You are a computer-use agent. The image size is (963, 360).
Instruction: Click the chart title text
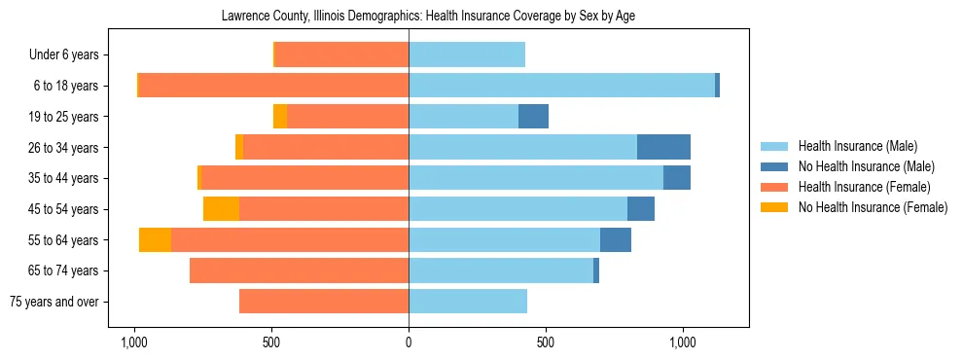429,17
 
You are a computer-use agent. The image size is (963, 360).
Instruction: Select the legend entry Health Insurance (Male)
857,146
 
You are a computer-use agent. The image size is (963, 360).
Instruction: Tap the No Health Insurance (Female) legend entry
873,207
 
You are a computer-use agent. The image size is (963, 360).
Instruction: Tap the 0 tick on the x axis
409,342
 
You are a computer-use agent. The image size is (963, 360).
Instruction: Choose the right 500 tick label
546,342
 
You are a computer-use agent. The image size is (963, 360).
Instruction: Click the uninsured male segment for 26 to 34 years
663,147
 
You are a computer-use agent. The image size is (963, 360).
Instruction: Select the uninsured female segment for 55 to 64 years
155,240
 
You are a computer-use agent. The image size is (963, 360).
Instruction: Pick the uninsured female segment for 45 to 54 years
221,209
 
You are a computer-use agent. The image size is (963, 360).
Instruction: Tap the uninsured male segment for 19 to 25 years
533,117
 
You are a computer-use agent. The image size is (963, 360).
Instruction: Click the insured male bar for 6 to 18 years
561,86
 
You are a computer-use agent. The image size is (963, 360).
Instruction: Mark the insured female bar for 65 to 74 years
299,270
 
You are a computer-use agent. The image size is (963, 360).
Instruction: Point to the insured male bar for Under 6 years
467,54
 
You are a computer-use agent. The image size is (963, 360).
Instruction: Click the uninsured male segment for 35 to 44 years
677,178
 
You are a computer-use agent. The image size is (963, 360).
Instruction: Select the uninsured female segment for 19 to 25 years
280,117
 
